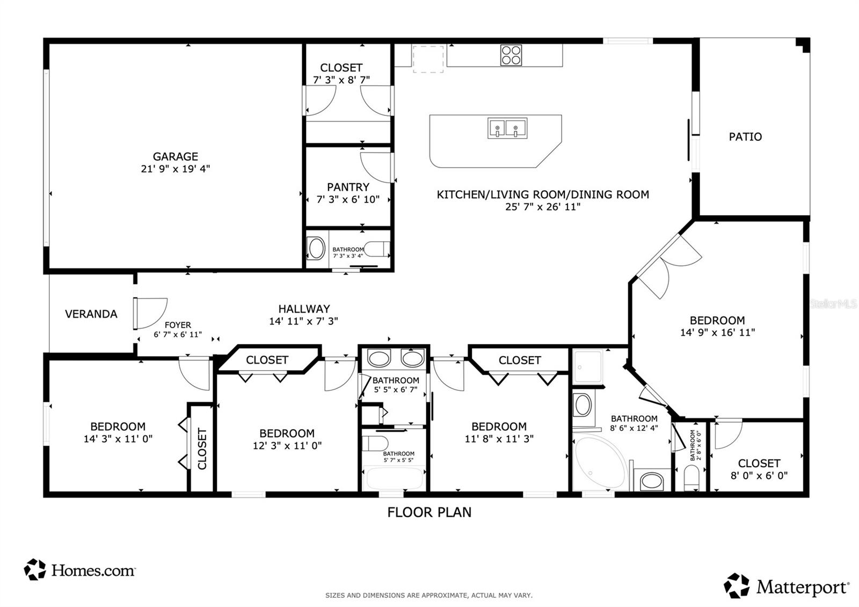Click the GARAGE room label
175,156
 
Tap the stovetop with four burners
511,55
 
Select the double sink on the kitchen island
507,128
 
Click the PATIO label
745,136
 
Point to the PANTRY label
348,187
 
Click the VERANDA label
91,314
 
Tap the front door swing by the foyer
151,314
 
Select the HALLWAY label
304,309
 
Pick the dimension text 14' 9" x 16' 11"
717,333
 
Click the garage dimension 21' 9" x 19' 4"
175,169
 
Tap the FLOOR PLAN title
429,512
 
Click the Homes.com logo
79,570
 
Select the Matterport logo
786,586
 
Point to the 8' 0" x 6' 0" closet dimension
759,476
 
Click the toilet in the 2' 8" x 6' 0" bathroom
692,478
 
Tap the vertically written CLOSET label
202,449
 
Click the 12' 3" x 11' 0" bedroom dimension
287,445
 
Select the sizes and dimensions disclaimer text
429,596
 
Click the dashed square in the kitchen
428,59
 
